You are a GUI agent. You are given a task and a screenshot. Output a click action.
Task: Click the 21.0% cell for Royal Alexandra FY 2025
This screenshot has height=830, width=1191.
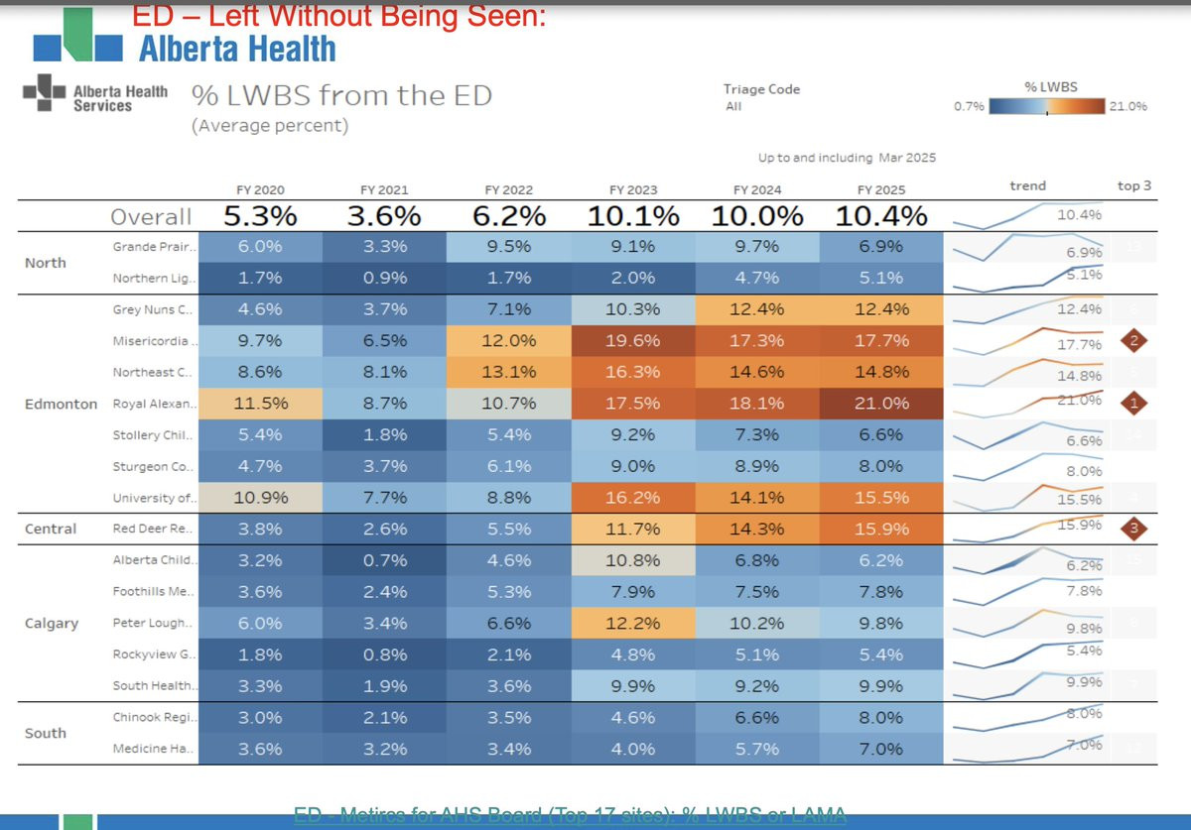(881, 403)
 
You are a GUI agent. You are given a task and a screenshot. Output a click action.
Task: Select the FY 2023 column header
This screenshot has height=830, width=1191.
(632, 190)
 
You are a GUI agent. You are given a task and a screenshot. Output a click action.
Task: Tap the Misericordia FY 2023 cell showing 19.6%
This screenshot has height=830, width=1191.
(632, 340)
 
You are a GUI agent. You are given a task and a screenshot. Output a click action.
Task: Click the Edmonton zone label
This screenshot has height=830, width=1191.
(62, 404)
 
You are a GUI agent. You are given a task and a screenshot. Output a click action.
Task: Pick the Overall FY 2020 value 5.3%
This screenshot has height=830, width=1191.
(260, 216)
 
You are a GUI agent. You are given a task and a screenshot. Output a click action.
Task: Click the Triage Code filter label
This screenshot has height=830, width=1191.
(761, 89)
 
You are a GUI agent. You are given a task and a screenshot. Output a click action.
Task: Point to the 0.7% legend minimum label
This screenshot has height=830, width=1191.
(969, 106)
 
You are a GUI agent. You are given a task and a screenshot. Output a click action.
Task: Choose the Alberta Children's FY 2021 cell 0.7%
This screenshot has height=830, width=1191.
(384, 560)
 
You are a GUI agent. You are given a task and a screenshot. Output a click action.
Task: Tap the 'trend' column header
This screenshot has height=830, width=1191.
(1027, 185)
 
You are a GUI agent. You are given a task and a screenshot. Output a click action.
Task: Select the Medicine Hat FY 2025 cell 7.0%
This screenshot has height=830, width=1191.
(881, 749)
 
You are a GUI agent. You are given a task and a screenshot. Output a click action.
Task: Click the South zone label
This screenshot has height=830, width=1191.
(46, 733)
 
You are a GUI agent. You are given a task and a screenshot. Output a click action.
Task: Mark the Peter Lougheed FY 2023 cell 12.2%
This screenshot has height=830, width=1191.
(632, 623)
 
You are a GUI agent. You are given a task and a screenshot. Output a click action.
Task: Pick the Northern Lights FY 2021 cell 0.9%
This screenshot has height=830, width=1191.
(384, 278)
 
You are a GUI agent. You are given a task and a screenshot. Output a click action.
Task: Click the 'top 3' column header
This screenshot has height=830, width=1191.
(1134, 185)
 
